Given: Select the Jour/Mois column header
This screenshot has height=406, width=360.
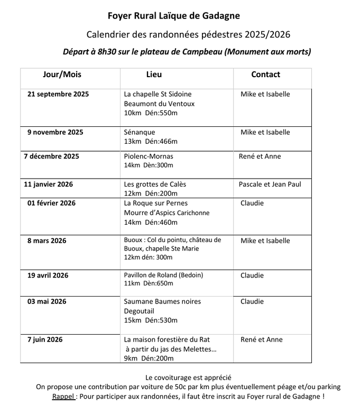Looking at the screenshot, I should click(x=62, y=75).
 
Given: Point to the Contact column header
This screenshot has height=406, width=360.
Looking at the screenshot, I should click(x=265, y=75).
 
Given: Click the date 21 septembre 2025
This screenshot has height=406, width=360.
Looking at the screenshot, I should click(x=58, y=95).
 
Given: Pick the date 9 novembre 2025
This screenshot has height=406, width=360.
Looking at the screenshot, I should click(x=55, y=132).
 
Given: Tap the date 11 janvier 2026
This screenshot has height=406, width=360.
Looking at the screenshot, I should click(x=49, y=184).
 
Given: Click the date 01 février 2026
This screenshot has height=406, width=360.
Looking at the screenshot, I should click(x=51, y=203).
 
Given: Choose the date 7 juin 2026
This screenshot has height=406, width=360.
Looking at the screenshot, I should click(x=45, y=339).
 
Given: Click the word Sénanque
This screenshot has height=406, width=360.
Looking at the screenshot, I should click(x=140, y=132).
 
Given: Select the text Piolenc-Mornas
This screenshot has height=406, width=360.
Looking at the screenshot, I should click(x=149, y=156).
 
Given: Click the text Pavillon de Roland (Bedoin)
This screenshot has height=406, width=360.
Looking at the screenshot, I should click(x=163, y=275).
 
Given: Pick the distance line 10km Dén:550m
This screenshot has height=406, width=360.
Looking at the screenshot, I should click(x=151, y=113).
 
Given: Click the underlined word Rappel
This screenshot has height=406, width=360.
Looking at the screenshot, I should click(x=63, y=396).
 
